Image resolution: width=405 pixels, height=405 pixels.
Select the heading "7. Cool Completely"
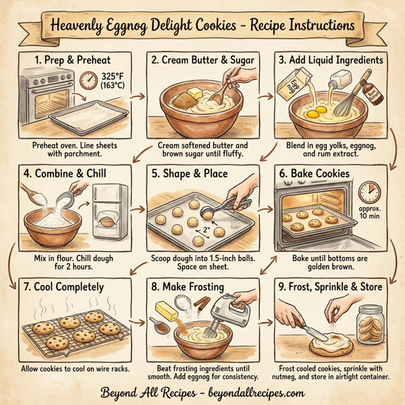pos(65,287)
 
